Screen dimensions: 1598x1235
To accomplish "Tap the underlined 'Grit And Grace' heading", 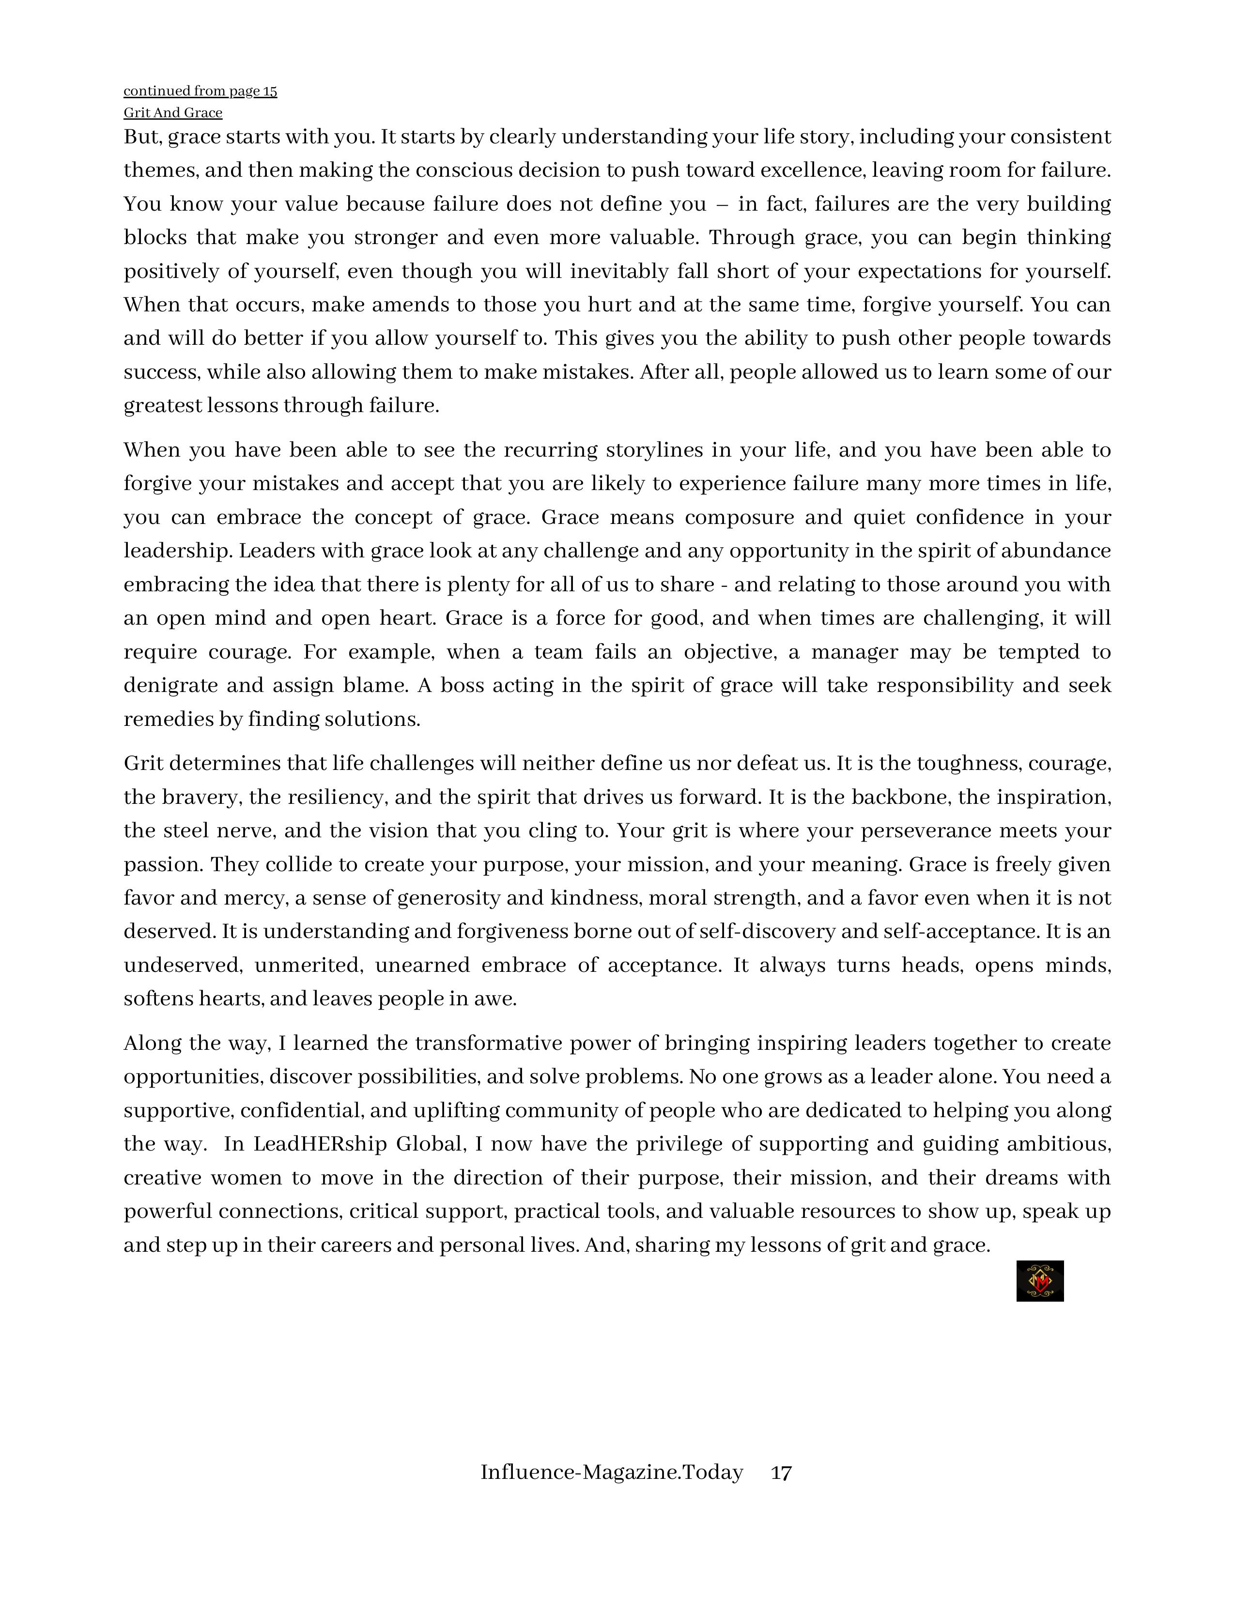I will (173, 113).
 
